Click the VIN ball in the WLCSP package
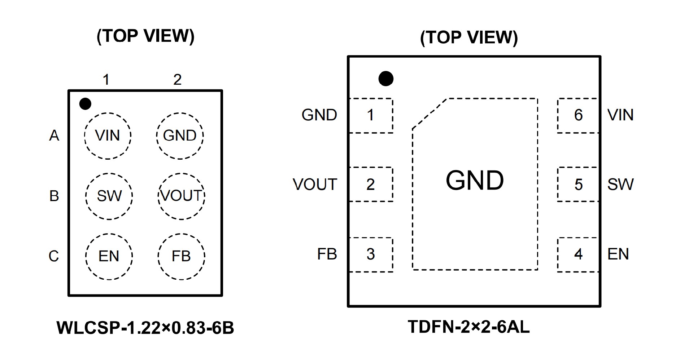(x=108, y=136)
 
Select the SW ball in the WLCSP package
(x=109, y=196)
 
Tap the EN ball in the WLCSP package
(x=109, y=256)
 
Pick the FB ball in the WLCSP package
(x=181, y=256)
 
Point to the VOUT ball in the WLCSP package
(x=181, y=196)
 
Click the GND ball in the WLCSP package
(x=180, y=136)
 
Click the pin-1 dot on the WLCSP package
(x=85, y=104)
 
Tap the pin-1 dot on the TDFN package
(x=386, y=79)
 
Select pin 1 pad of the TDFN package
(x=371, y=115)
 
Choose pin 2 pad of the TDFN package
(x=371, y=184)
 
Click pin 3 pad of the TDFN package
(x=371, y=254)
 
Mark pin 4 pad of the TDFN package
(x=578, y=254)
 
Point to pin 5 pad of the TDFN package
(x=578, y=184)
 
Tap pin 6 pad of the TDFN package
(x=578, y=115)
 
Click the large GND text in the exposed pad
(x=475, y=180)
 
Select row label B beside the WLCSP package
(x=54, y=196)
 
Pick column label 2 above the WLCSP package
(x=177, y=80)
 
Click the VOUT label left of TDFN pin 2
(x=315, y=185)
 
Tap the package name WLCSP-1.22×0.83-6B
(x=145, y=328)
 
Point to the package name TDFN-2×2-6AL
(x=468, y=327)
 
